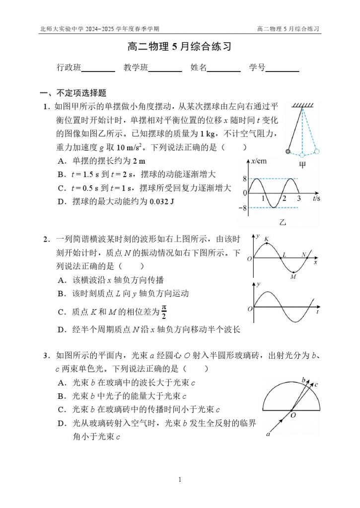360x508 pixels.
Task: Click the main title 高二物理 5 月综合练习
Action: tap(179, 48)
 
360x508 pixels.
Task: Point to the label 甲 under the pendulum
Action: tap(302, 166)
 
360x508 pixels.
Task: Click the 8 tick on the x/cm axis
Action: tap(244, 179)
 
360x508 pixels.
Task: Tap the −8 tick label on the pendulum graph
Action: tap(243, 208)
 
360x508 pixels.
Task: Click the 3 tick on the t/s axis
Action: tap(298, 198)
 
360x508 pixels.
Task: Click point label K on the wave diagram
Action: tap(266, 239)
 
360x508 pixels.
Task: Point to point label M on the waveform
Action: tap(293, 277)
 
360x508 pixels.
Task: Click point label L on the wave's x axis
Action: tap(284, 255)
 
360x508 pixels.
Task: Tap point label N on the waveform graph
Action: tap(304, 255)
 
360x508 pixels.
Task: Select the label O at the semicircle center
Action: tap(293, 416)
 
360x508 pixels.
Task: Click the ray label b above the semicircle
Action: tap(304, 380)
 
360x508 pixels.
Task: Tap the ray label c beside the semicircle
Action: tap(316, 384)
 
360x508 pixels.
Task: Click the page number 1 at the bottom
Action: tap(180, 479)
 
